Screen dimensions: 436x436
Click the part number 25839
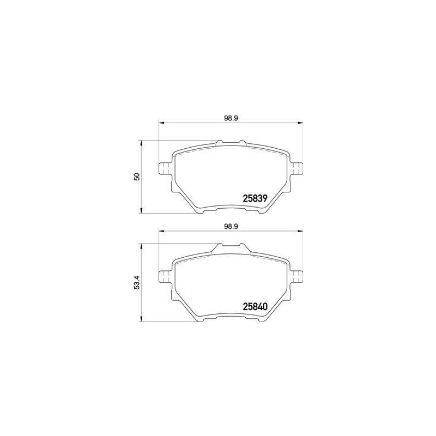[255, 198]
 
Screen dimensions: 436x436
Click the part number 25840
[255, 306]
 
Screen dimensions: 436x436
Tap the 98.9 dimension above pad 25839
[231, 118]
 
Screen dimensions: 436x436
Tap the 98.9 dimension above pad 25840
[231, 226]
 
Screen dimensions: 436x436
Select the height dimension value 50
[137, 177]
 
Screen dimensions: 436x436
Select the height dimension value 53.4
[137, 282]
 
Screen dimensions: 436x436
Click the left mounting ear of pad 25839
[164, 168]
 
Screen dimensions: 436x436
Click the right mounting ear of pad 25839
[296, 168]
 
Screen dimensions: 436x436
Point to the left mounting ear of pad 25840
[164, 277]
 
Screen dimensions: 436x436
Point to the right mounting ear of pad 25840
[296, 277]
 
